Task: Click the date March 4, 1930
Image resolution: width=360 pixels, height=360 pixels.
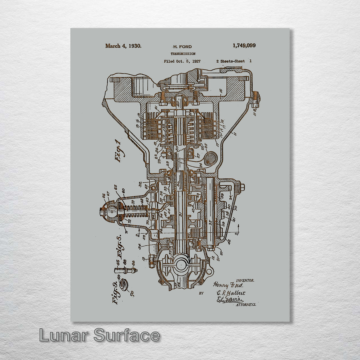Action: pos(123,46)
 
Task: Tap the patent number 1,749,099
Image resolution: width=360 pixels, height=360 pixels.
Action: pos(244,46)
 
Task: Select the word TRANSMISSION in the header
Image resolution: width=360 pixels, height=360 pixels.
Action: pos(183,54)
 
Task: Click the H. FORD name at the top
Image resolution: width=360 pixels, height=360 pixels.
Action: pos(182,47)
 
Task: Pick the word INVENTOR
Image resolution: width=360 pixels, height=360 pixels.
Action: pos(245,281)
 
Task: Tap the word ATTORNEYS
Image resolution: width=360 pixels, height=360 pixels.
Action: pos(246,305)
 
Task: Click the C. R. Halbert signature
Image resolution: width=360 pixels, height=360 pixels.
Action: pos(231,293)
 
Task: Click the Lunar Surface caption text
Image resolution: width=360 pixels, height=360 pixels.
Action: pos(99,335)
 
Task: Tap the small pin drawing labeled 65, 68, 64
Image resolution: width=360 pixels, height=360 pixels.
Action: pos(125,270)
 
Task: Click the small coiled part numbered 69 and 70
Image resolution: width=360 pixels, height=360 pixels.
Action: pos(124,286)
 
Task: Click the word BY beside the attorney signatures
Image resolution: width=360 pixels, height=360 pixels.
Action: pos(201,293)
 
